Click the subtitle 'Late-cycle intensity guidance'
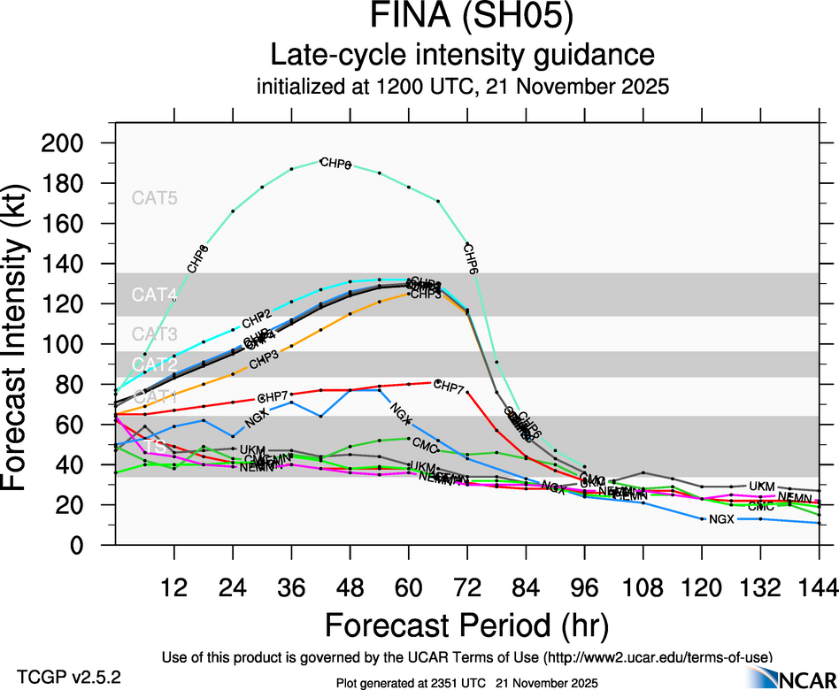pos(462,56)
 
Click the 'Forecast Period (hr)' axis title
pos(466,625)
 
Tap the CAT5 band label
pos(155,198)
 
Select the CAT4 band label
pos(155,295)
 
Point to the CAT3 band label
pos(155,334)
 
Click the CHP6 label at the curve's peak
pos(335,164)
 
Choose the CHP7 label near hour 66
pos(450,387)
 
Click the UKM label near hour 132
pos(762,487)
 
